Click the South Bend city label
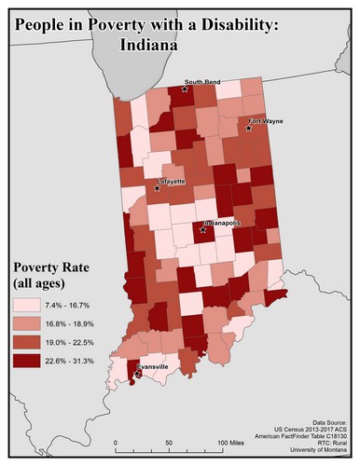coord(201,82)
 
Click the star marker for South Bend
coord(185,89)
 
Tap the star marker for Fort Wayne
coord(249,129)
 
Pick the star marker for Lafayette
coord(157,188)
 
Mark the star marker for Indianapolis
coord(203,229)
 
